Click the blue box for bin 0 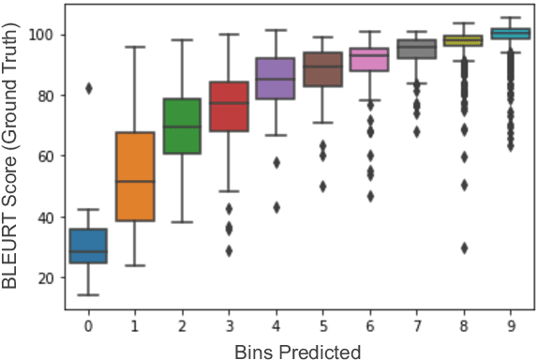click(x=89, y=247)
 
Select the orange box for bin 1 click(x=135, y=177)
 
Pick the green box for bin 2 click(x=182, y=126)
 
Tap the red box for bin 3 click(x=228, y=106)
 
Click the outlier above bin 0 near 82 click(x=89, y=88)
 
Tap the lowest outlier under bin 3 click(x=228, y=250)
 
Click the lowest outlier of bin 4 click(x=275, y=207)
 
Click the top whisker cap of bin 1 click(x=135, y=47)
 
